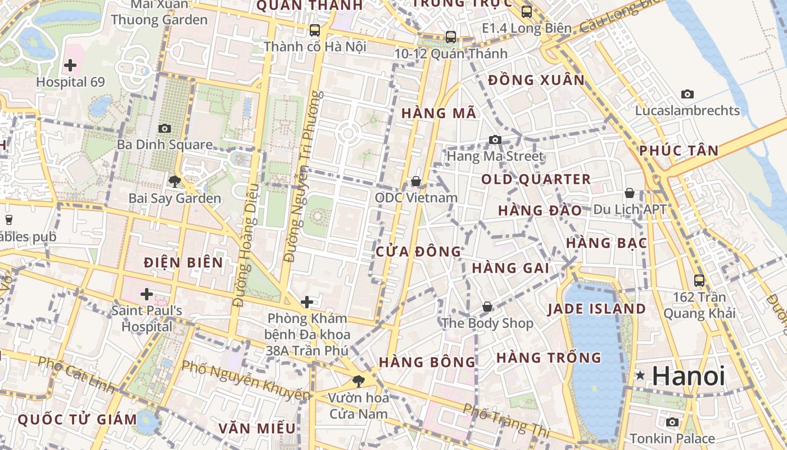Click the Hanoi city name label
tap(689, 376)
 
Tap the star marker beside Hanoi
tap(640, 375)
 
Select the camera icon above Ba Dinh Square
tap(165, 129)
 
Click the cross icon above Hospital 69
tap(70, 65)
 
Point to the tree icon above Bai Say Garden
tap(175, 181)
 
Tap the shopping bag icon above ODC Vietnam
tap(416, 181)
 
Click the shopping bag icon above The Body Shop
tap(487, 307)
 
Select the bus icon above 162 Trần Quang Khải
tap(699, 280)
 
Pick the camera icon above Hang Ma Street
tap(495, 139)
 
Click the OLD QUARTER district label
tap(536, 179)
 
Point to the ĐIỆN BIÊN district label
tap(183, 262)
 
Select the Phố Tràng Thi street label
tap(506, 419)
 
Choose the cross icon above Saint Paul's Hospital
tap(147, 294)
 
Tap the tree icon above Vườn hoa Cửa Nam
tap(358, 381)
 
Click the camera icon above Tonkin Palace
tap(672, 422)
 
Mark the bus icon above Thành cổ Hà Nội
tap(315, 30)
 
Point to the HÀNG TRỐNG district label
tap(549, 358)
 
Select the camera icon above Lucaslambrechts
tap(687, 94)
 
